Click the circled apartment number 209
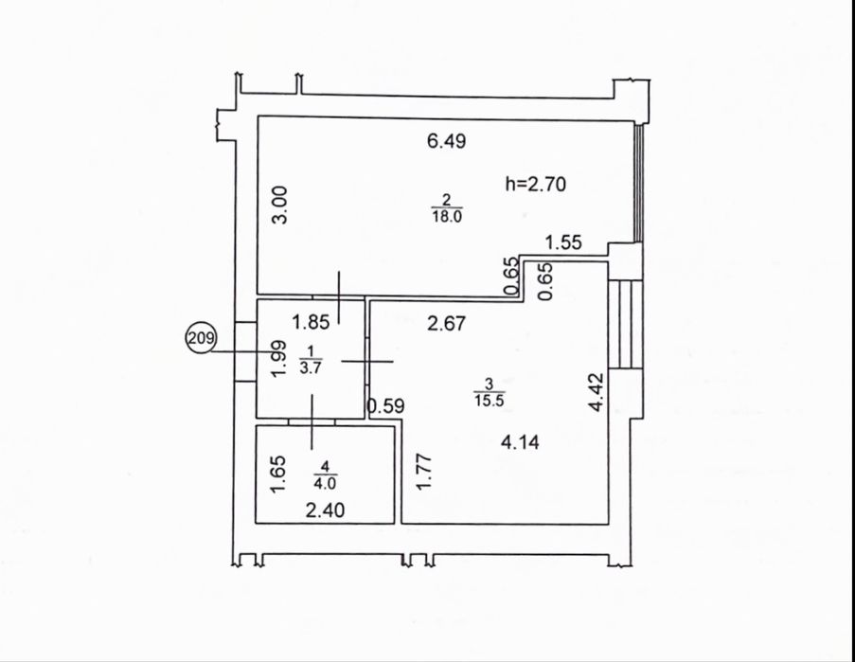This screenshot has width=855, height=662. click(x=202, y=338)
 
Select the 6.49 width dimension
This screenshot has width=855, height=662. click(x=447, y=141)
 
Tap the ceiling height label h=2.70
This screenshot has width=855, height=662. click(x=536, y=184)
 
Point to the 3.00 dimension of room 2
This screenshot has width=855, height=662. click(x=279, y=205)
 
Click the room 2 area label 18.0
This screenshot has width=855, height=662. click(x=447, y=217)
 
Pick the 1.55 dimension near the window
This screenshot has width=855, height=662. click(x=563, y=242)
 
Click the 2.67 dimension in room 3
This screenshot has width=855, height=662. click(x=447, y=324)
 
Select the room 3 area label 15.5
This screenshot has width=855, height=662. click(x=490, y=401)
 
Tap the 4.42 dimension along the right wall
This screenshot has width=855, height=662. click(x=597, y=391)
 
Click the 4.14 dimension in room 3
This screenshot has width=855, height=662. click(x=520, y=441)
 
